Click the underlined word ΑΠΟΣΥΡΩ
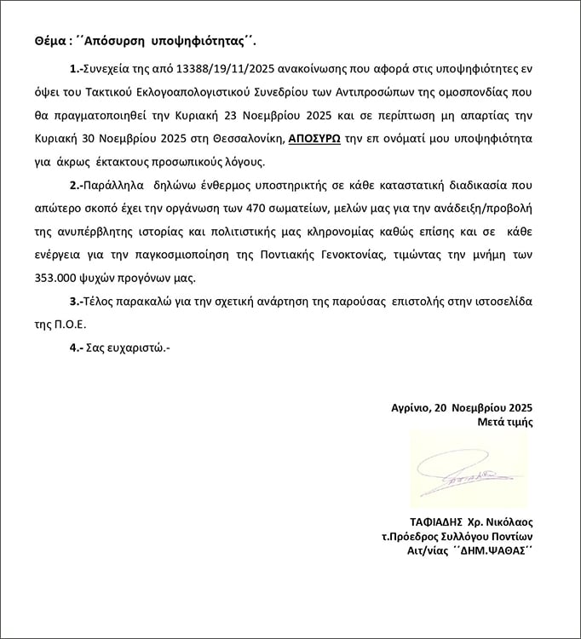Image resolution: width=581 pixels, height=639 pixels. tap(314, 137)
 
